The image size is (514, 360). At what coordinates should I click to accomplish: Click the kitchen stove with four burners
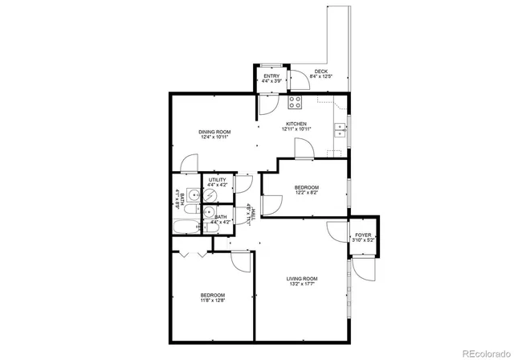[295, 102]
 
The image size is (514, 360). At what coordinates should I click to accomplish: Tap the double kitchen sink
[340, 129]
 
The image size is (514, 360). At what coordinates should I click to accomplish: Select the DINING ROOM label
[215, 132]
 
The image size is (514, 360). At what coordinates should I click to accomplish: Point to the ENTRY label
[271, 76]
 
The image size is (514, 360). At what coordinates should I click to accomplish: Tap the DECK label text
[321, 72]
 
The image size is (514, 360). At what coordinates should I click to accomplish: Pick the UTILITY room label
[217, 180]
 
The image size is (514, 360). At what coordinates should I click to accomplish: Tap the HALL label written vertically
[255, 213]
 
